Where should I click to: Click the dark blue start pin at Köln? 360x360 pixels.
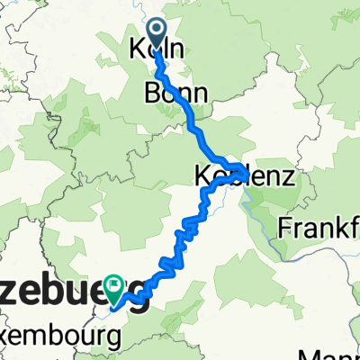click(x=156, y=35)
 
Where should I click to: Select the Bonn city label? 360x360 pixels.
click(x=175, y=93)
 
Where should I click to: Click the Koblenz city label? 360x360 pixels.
click(x=244, y=177)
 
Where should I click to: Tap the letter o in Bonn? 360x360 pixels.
click(x=168, y=94)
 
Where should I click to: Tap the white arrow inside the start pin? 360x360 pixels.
click(x=156, y=31)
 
